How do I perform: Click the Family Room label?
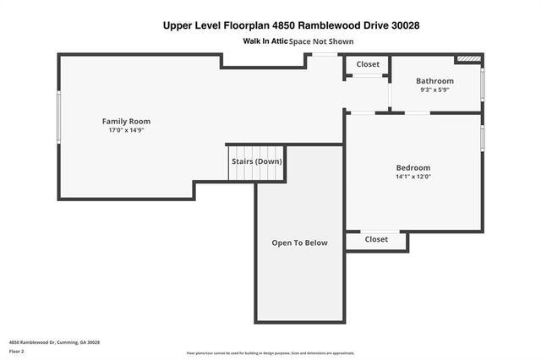pos(126,122)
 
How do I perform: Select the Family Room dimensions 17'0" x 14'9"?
pos(126,131)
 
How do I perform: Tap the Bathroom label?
pos(434,81)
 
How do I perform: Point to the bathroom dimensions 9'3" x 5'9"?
pos(434,90)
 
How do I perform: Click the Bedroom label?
pos(413,167)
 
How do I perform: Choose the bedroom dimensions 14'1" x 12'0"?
pos(413,177)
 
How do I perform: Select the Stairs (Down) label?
pos(257,161)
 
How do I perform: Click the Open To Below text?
pos(299,243)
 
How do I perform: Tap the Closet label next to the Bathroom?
pos(368,64)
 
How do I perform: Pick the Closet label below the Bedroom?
pos(376,239)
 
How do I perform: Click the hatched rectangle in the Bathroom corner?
pos(467,59)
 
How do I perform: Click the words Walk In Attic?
pos(265,41)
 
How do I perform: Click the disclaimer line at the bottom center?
pos(270,353)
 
